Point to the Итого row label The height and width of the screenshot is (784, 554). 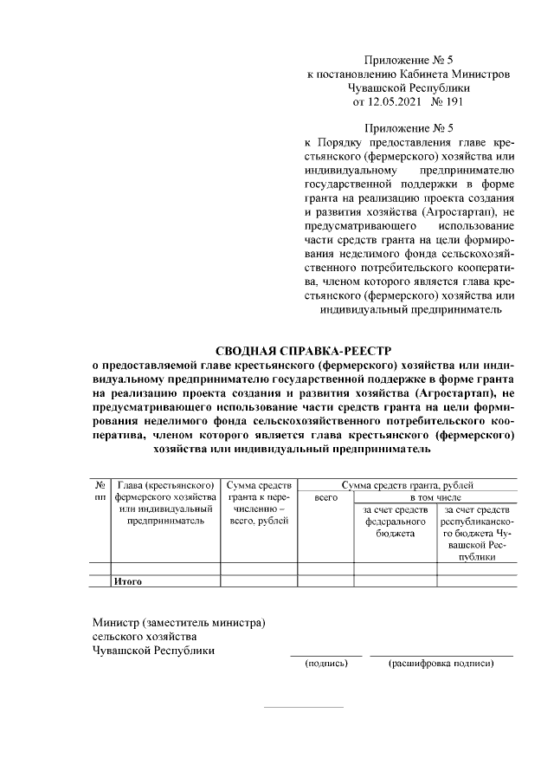(x=128, y=581)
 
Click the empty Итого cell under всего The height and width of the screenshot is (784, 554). (x=325, y=581)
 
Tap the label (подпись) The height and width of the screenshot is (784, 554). (x=325, y=664)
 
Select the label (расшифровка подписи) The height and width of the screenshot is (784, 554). (x=441, y=664)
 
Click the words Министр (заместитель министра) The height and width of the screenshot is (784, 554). (x=178, y=623)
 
